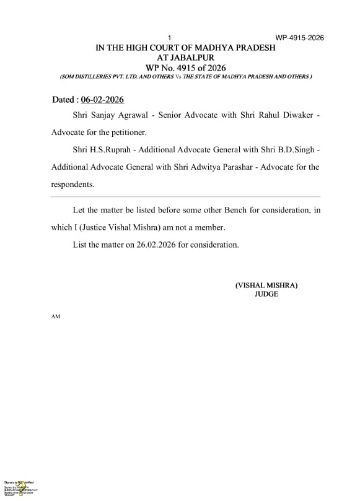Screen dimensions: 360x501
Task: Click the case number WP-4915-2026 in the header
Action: click(x=300, y=38)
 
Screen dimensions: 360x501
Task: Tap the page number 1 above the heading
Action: click(x=169, y=38)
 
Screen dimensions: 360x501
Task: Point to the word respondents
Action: click(x=72, y=185)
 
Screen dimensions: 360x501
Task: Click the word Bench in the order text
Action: click(x=221, y=211)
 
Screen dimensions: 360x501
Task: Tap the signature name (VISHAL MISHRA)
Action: click(x=266, y=285)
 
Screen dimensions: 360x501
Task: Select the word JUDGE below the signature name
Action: click(x=266, y=294)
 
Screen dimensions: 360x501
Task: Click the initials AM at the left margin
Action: click(x=55, y=316)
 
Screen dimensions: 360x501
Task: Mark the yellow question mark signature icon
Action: click(x=20, y=486)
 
